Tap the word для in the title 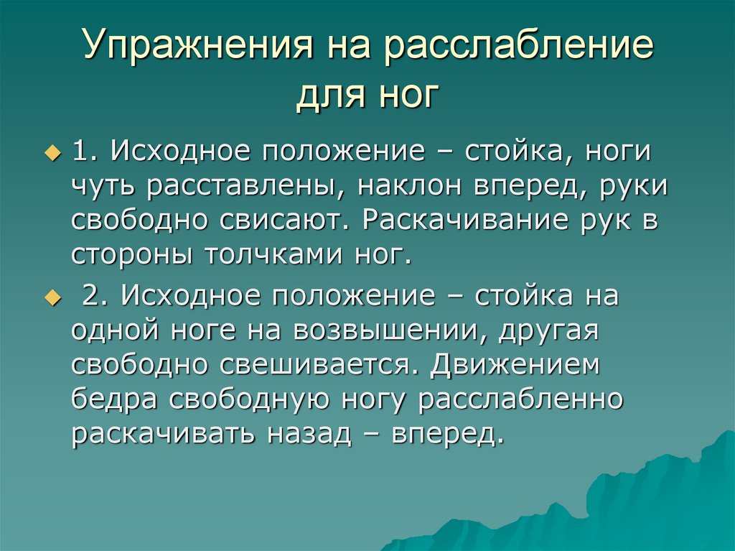click(326, 96)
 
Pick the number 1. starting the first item click(88, 152)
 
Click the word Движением click(515, 365)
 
